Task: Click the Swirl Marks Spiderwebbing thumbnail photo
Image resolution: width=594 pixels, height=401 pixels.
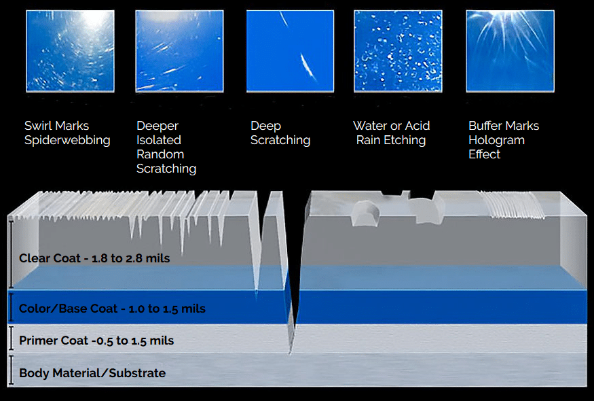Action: (70, 51)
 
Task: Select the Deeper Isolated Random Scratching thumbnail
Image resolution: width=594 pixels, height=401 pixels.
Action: (180, 51)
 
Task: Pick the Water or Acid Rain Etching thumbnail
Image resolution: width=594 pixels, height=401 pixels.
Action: (398, 51)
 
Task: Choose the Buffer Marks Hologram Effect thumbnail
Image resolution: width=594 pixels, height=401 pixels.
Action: (510, 51)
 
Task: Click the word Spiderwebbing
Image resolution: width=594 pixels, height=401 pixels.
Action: (67, 141)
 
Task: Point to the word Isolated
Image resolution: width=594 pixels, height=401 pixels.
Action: (159, 140)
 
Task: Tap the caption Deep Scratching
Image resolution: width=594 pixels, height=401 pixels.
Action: (280, 133)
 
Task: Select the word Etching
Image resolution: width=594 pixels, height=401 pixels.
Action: (401, 141)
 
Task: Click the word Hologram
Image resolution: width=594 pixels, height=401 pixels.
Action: (496, 140)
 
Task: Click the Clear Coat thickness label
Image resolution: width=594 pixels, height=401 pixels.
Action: (94, 258)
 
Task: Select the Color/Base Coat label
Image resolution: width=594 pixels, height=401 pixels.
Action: (112, 309)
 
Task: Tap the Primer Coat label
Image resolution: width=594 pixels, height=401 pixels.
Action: (96, 341)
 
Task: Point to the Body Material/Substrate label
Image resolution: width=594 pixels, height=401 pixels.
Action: (92, 373)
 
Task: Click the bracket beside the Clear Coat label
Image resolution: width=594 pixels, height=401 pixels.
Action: (11, 253)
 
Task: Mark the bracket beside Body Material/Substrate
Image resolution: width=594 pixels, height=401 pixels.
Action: (11, 370)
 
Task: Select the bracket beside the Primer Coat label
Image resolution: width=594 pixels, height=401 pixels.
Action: (11, 339)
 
